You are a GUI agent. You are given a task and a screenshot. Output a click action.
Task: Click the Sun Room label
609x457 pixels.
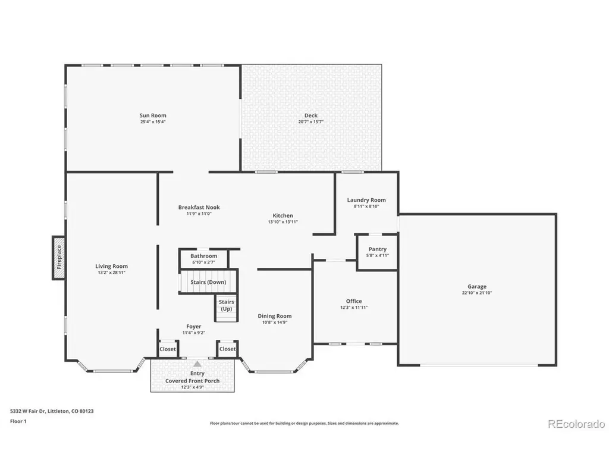(153, 115)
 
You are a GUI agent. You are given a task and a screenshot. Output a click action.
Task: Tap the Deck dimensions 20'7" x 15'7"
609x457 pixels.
(310, 122)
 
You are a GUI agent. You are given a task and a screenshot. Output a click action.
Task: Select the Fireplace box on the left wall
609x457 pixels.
(59, 258)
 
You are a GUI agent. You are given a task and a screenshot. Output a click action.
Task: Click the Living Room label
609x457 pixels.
(111, 266)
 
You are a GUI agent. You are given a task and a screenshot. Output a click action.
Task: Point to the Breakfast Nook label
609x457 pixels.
(199, 208)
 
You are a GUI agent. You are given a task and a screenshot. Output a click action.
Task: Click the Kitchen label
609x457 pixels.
(282, 215)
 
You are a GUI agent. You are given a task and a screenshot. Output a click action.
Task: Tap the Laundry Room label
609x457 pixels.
(366, 200)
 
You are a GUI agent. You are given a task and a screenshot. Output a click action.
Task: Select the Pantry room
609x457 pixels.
(377, 252)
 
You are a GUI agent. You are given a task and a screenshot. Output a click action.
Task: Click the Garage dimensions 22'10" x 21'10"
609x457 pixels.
(477, 293)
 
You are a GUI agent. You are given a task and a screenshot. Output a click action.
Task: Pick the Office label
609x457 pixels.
(354, 301)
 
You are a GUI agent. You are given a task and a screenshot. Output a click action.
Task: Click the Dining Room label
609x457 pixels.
(275, 316)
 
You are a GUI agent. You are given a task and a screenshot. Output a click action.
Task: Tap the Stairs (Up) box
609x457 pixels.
(227, 308)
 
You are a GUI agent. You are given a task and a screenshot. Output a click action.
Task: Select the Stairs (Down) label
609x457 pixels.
(208, 282)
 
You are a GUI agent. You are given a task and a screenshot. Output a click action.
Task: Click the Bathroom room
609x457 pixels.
(204, 258)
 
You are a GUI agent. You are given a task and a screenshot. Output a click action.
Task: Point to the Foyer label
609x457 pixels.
(194, 327)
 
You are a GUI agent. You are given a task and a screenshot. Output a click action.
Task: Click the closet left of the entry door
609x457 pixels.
(168, 349)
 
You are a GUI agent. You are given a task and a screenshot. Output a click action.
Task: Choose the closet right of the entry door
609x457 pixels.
(227, 349)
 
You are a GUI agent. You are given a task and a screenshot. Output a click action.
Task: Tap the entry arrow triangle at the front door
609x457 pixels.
(197, 364)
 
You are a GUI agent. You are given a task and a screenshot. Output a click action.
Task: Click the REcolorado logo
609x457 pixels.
(576, 424)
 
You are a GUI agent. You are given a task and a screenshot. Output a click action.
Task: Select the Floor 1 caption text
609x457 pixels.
(18, 421)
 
